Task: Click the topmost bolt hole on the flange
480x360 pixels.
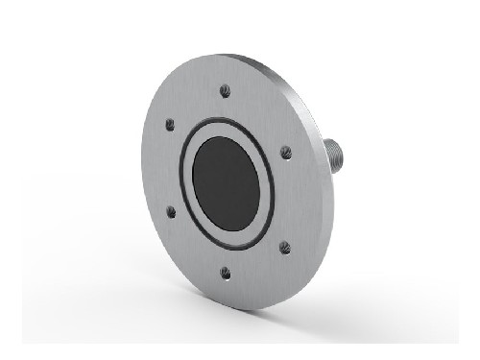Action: [x=225, y=91]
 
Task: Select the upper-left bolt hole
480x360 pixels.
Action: [x=170, y=124]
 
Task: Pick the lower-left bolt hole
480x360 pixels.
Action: [x=171, y=210]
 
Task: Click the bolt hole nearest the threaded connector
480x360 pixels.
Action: [x=285, y=151]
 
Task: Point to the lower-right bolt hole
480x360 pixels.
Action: [x=284, y=247]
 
